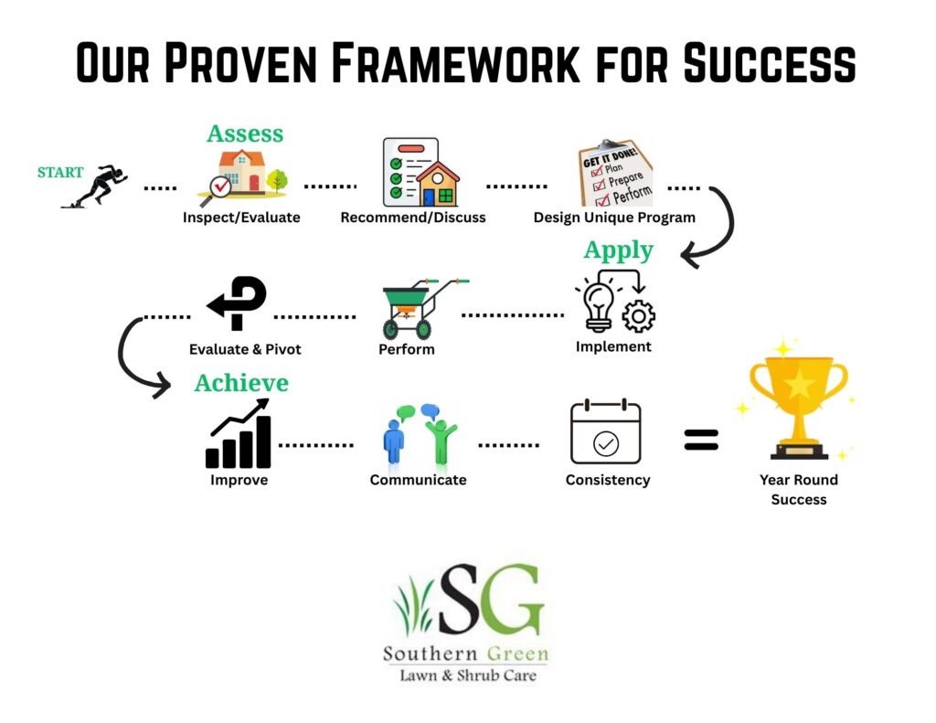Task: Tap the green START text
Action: click(x=60, y=172)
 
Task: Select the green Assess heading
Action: click(x=245, y=133)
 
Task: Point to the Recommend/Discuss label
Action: click(x=413, y=218)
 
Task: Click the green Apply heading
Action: click(x=619, y=250)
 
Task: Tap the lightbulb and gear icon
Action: click(x=615, y=301)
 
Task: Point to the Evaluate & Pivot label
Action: click(x=245, y=349)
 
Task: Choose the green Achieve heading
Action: click(x=241, y=382)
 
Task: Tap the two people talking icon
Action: click(x=420, y=433)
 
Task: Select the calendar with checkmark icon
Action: click(x=605, y=431)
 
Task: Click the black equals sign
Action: click(x=701, y=441)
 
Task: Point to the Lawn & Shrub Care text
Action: click(x=467, y=675)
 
